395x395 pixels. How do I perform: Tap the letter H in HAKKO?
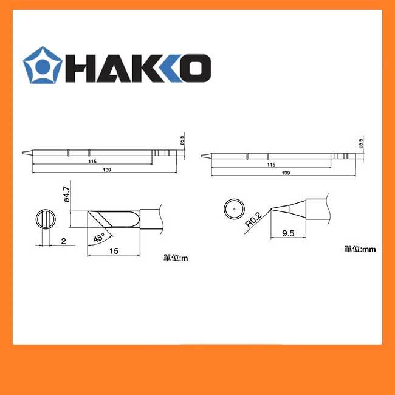click(81, 67)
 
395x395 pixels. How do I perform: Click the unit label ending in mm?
click(358, 249)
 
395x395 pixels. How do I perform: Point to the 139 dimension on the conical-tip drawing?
click(286, 173)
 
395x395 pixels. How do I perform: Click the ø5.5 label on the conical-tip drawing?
click(360, 143)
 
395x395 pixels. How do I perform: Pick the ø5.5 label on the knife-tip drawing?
click(181, 140)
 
